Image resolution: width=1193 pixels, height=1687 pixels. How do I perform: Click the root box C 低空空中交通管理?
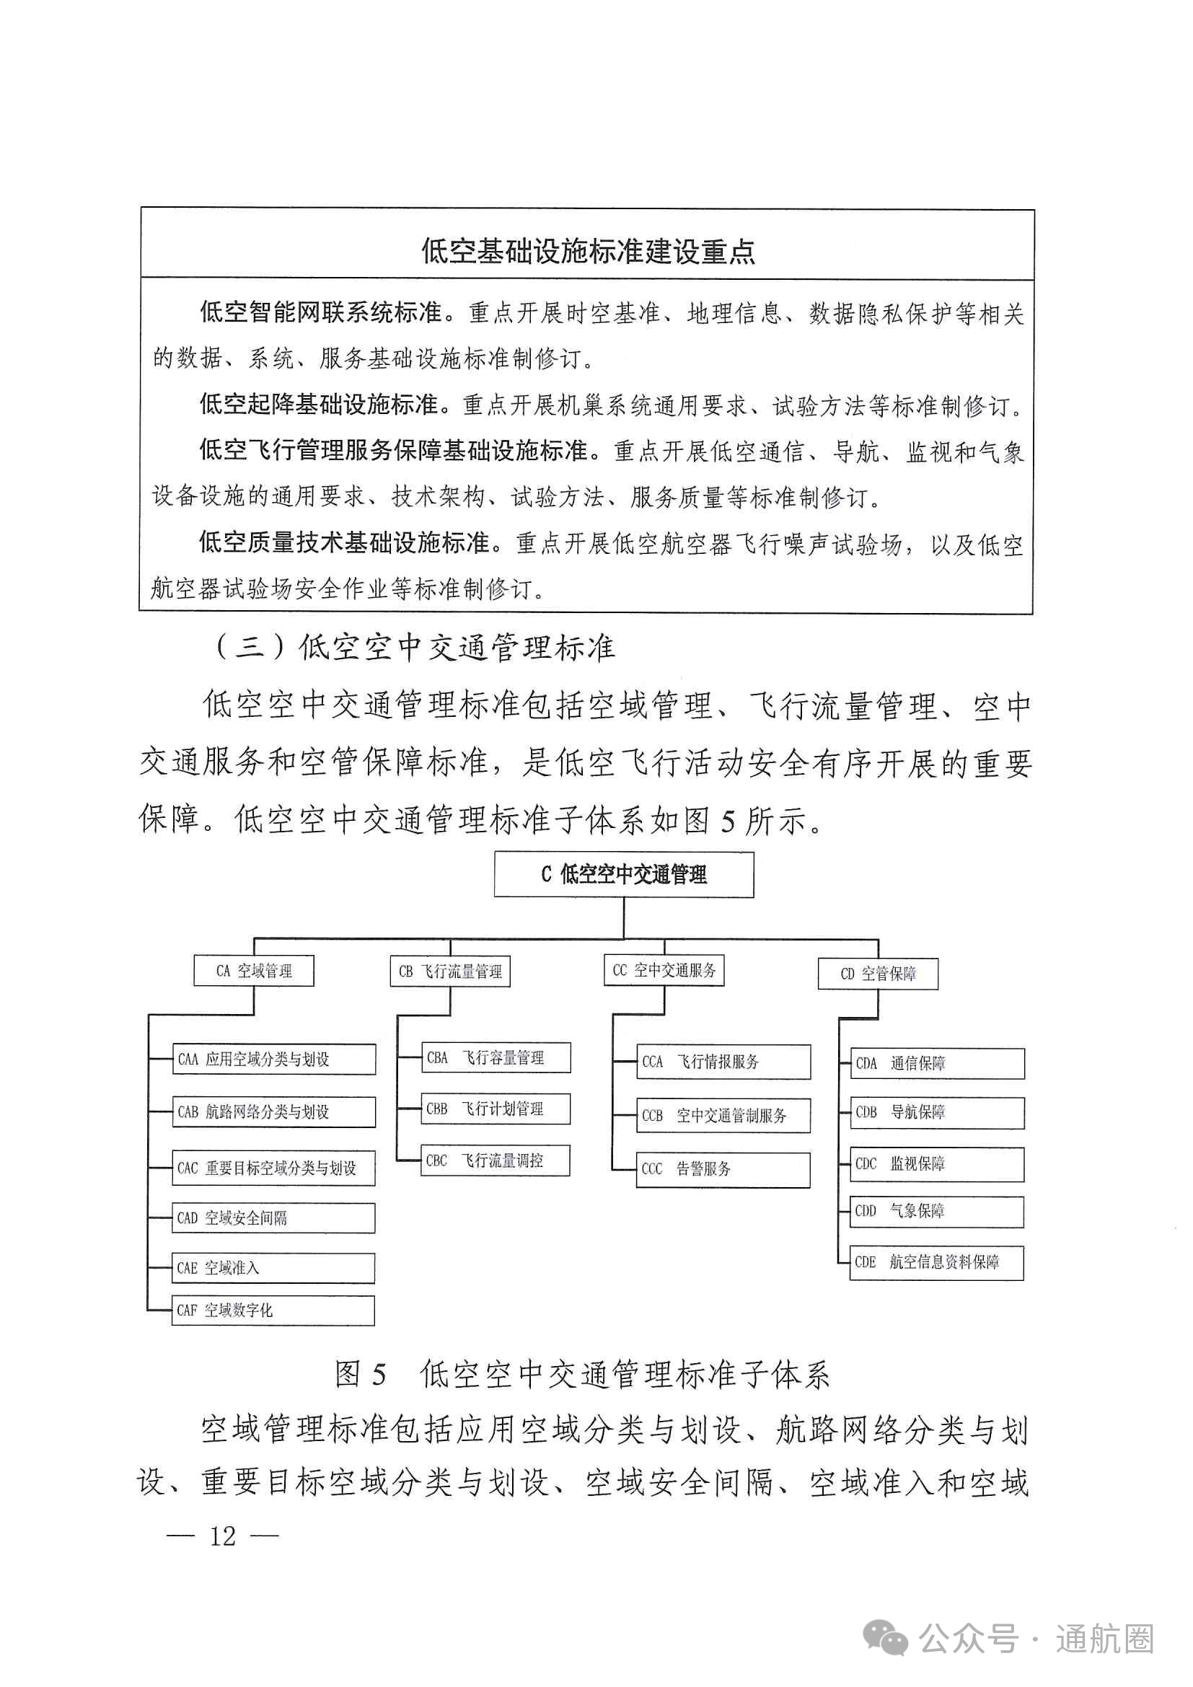point(624,874)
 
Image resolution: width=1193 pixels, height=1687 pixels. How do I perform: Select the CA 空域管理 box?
point(253,971)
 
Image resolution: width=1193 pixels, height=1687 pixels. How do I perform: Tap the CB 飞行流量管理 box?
point(449,972)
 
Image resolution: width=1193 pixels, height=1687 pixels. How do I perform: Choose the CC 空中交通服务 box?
point(664,970)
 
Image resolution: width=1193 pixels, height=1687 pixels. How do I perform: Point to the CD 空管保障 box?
point(878,974)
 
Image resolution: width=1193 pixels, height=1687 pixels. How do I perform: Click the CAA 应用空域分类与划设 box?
point(274,1059)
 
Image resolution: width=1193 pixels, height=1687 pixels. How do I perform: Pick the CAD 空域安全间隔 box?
point(273,1217)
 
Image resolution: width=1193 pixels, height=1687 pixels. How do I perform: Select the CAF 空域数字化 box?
point(273,1310)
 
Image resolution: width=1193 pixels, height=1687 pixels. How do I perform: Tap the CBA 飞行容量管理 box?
point(495,1057)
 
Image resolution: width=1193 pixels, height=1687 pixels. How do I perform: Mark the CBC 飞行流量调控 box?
point(495,1160)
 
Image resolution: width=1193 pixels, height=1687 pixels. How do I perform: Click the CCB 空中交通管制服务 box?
point(723,1115)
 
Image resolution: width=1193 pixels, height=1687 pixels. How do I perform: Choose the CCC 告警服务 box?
point(723,1169)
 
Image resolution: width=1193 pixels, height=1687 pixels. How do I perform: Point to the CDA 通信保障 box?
point(937,1063)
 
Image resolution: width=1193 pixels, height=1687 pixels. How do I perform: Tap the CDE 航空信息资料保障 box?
point(937,1262)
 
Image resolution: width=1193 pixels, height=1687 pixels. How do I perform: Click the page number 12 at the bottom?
point(223,1536)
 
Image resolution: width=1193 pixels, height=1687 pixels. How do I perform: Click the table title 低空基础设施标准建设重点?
point(588,250)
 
